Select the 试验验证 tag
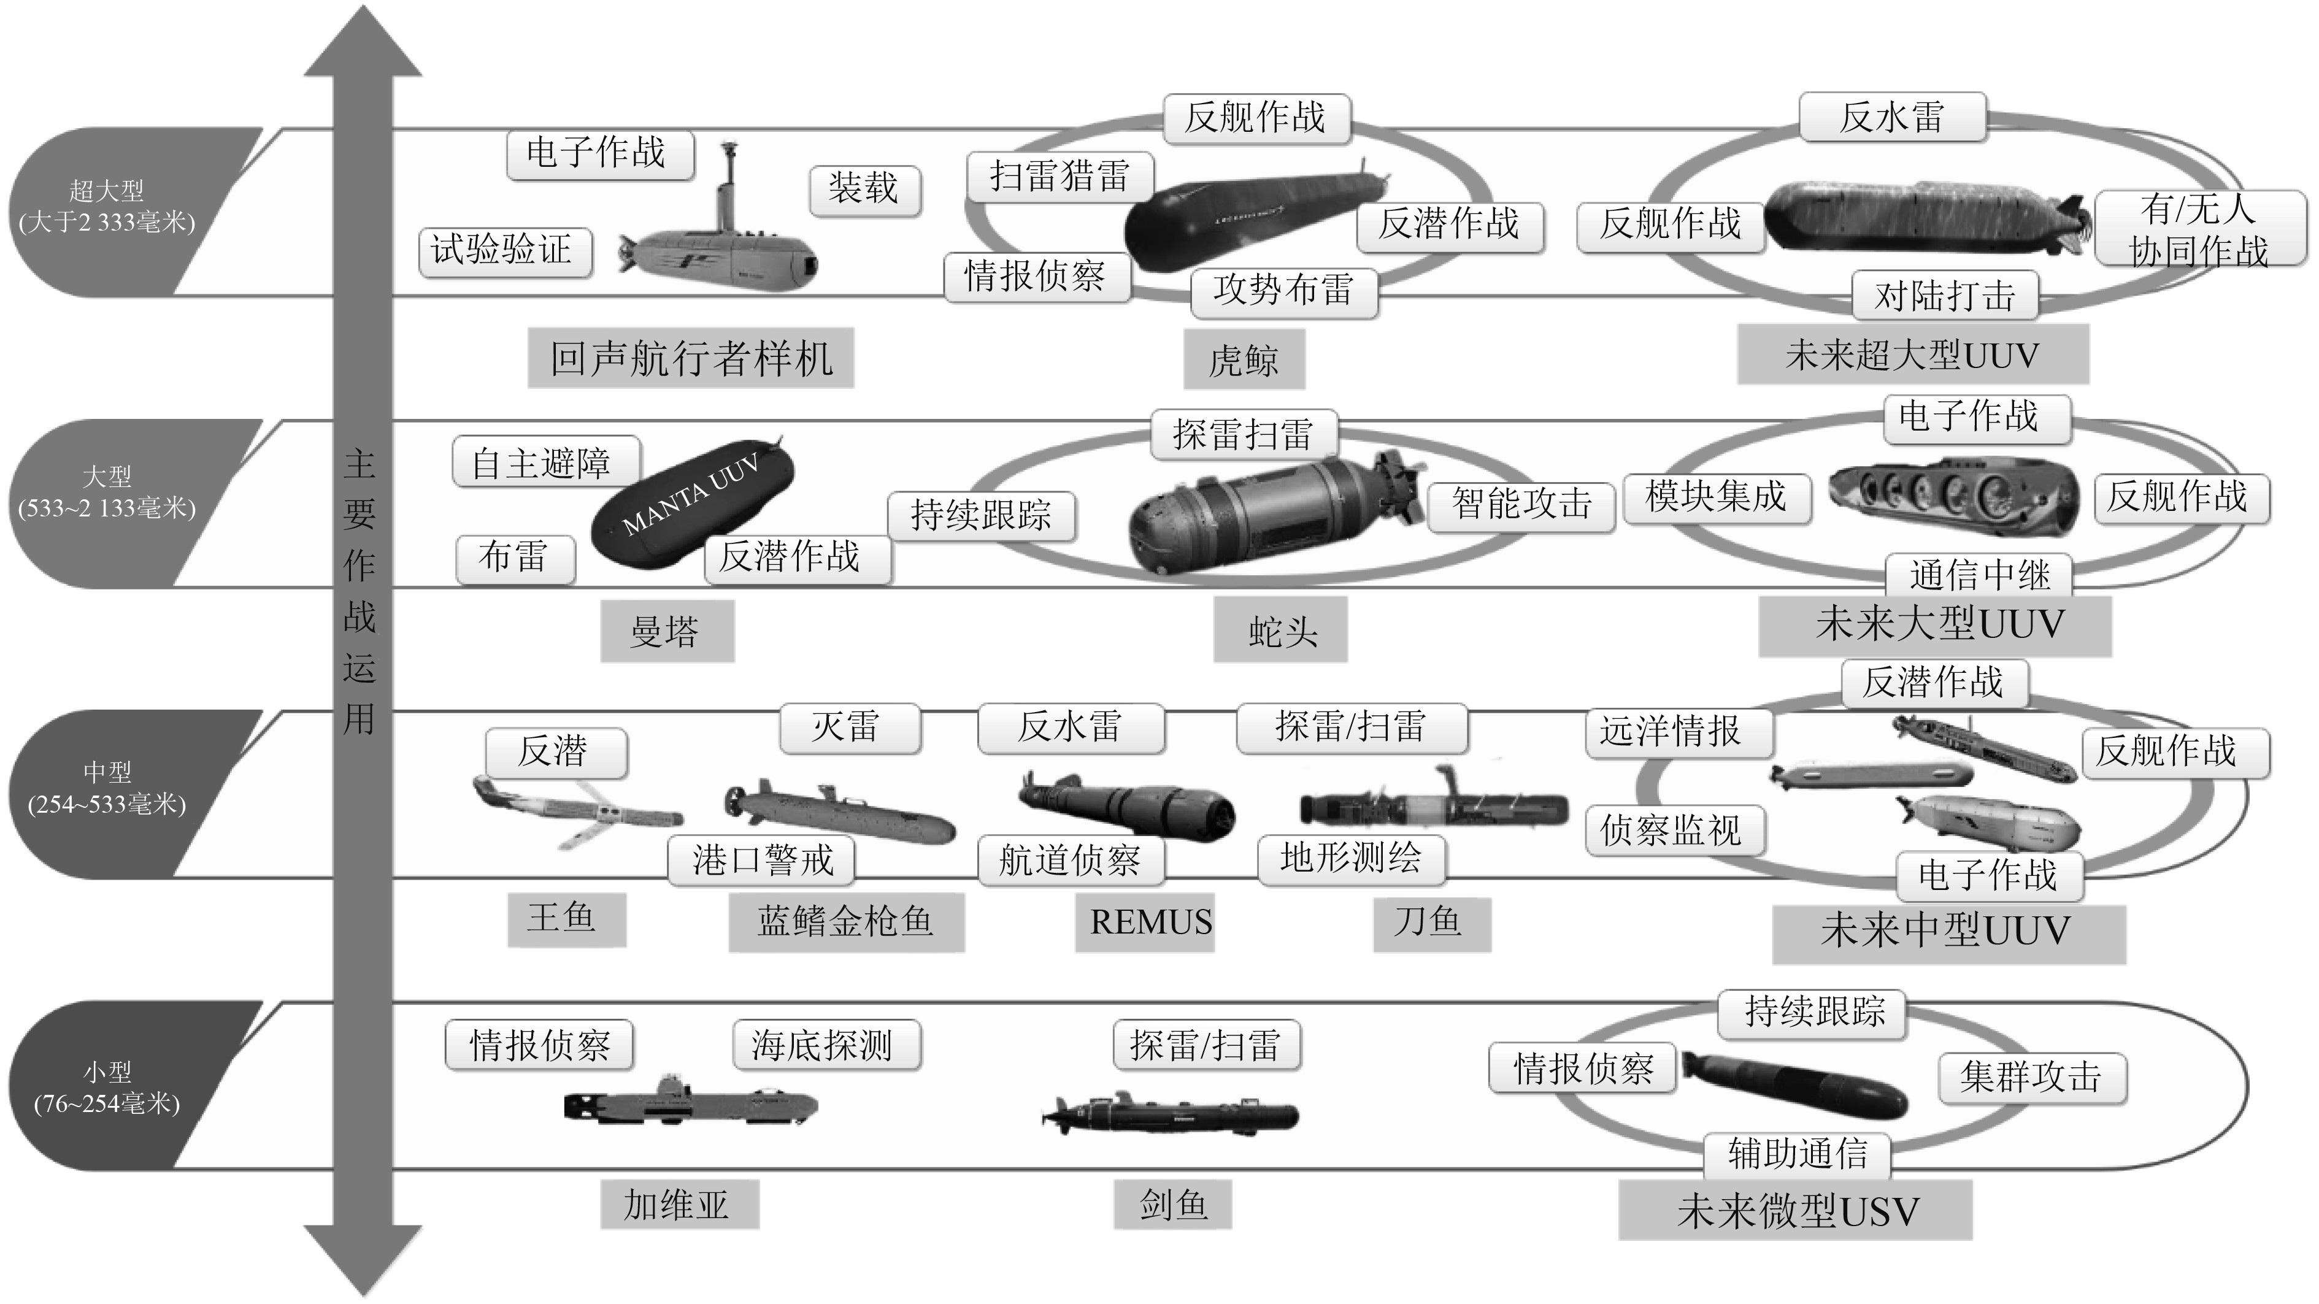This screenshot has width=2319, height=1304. click(x=504, y=251)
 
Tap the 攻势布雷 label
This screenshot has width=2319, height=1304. click(x=1283, y=291)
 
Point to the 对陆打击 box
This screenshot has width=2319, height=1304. click(x=1945, y=295)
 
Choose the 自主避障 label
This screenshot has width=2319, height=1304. click(x=545, y=462)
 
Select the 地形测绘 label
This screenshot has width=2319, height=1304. click(x=1350, y=859)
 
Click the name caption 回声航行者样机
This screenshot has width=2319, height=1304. click(x=690, y=359)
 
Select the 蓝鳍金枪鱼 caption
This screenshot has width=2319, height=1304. click(x=846, y=923)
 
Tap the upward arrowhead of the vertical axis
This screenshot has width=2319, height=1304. click(x=363, y=40)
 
